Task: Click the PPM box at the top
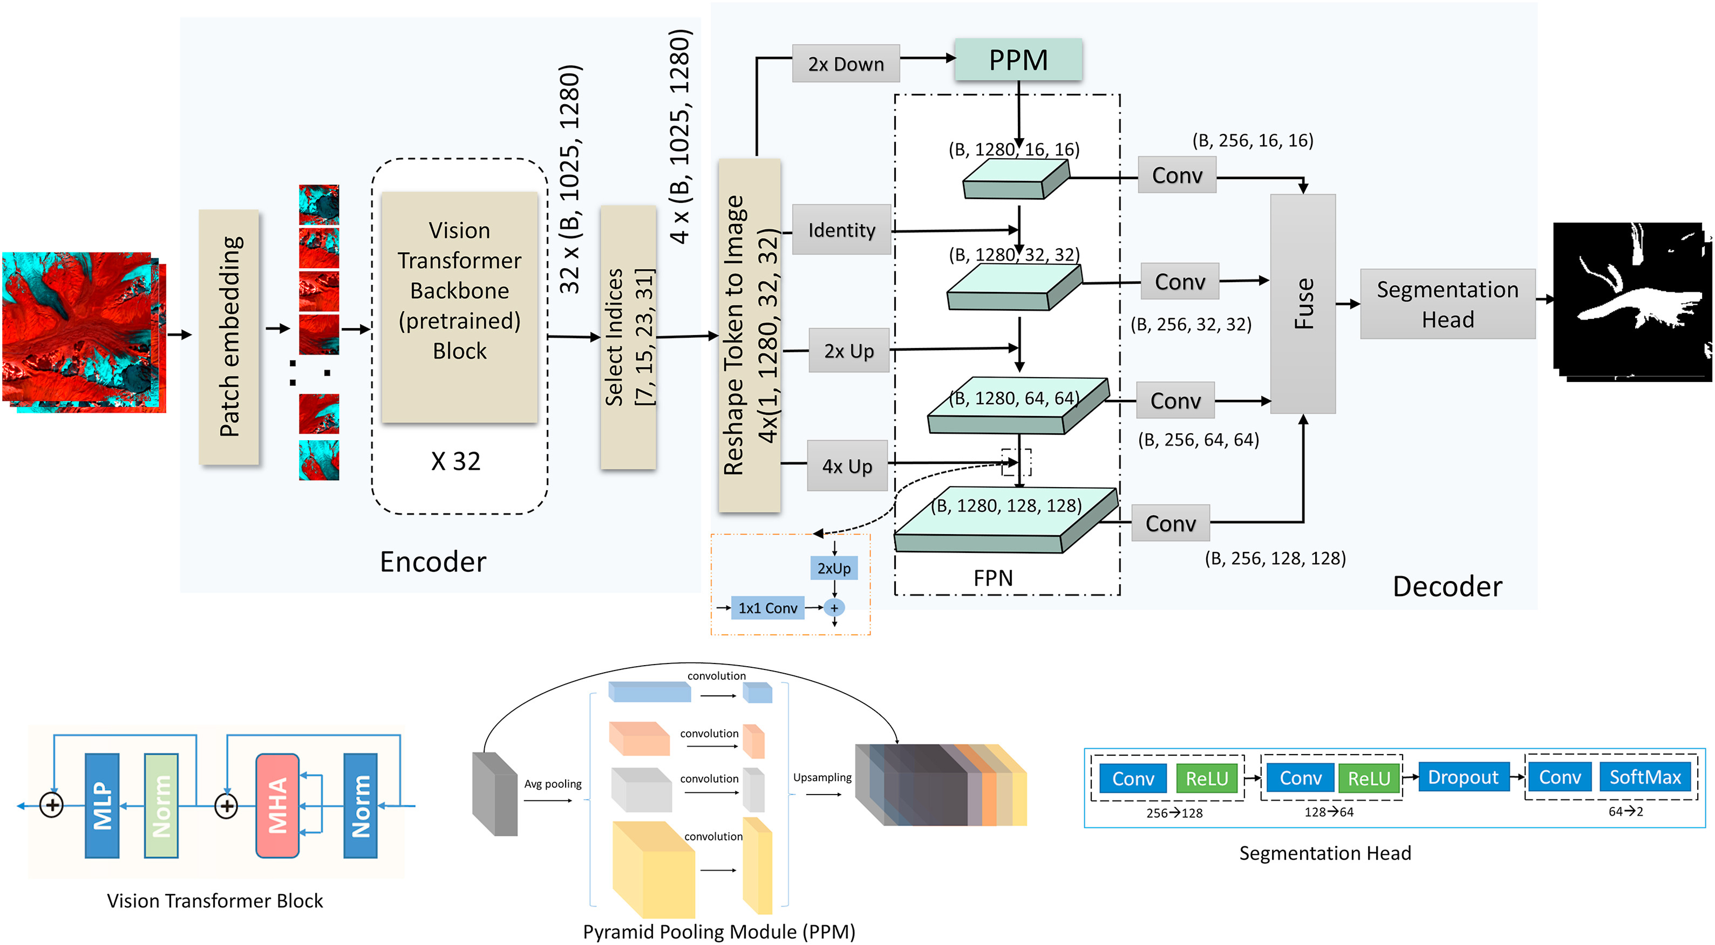click(1017, 60)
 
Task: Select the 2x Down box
click(846, 64)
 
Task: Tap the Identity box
click(841, 230)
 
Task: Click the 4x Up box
click(847, 466)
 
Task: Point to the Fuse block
click(1302, 304)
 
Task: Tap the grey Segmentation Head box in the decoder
click(1447, 304)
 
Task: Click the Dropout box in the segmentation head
click(1462, 777)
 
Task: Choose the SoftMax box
click(1644, 777)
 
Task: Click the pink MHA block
click(277, 805)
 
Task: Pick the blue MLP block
click(102, 805)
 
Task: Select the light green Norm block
click(161, 805)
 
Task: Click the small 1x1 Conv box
click(767, 607)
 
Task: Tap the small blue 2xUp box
click(834, 569)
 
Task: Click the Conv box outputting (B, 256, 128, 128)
click(1170, 523)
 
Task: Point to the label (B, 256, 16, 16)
click(1253, 140)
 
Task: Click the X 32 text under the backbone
click(455, 461)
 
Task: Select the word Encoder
click(433, 561)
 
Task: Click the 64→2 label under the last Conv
click(1625, 811)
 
